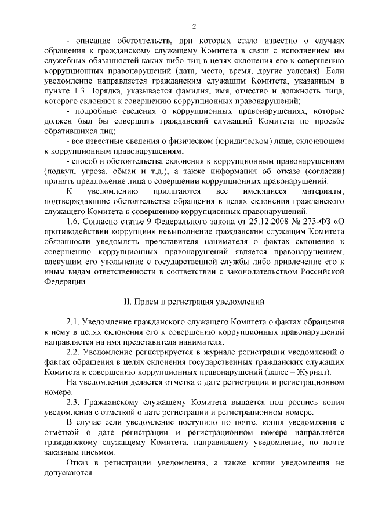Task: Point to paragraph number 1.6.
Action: (x=75, y=220)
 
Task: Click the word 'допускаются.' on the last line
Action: (x=69, y=473)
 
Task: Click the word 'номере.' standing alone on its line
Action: (x=57, y=393)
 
